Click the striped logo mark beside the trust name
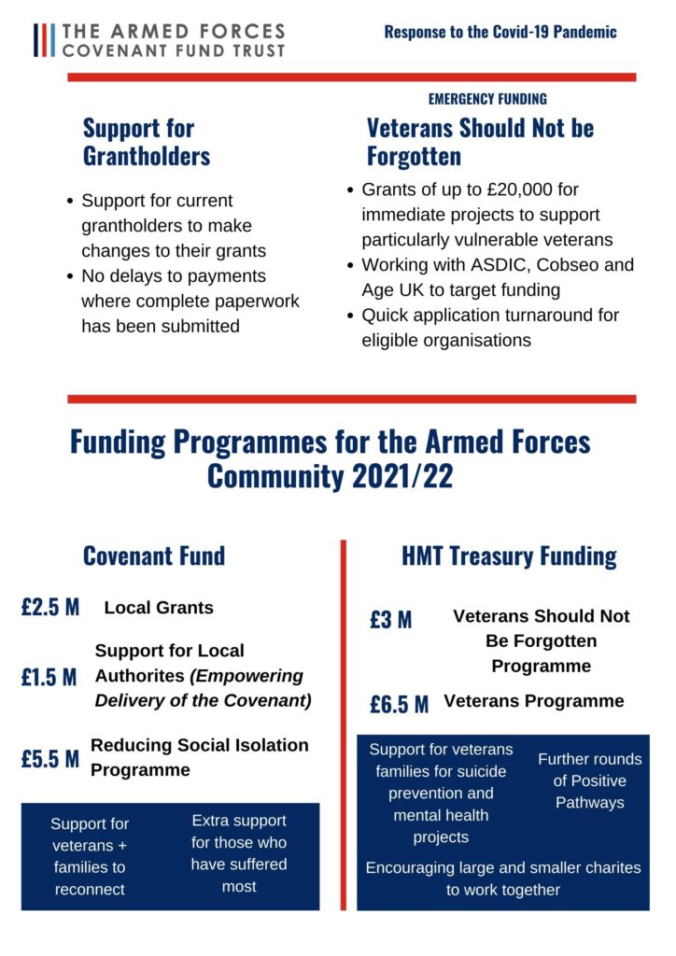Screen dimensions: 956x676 click(x=43, y=40)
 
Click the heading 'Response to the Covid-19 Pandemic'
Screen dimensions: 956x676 click(x=500, y=32)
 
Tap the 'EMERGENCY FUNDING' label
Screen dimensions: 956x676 click(x=487, y=99)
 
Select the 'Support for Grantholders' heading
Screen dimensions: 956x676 click(x=147, y=141)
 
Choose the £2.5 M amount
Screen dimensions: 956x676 click(x=50, y=608)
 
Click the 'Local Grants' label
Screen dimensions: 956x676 click(x=159, y=608)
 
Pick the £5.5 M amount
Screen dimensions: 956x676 click(x=50, y=759)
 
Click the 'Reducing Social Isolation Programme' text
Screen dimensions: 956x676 click(x=199, y=757)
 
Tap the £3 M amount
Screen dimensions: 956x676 click(x=390, y=620)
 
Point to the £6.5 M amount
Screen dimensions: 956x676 click(x=399, y=704)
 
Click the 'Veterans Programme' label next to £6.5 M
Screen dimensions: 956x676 click(x=533, y=701)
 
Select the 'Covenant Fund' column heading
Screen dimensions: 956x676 click(x=154, y=556)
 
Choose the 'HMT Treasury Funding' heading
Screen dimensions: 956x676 click(x=509, y=556)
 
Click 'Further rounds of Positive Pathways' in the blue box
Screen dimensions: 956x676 click(x=589, y=780)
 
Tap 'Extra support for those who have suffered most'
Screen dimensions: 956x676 click(x=239, y=853)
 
